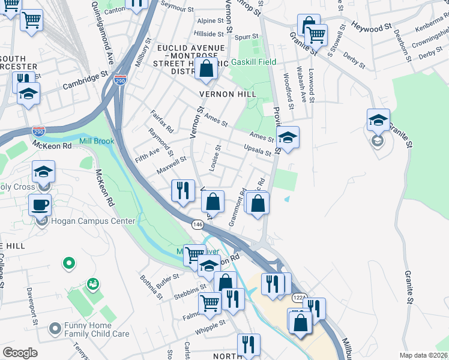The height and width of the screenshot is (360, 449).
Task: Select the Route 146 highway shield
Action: pos(197,224)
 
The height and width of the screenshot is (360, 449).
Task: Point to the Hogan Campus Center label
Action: pos(92,221)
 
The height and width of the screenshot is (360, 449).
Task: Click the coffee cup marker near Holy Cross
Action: pos(40,205)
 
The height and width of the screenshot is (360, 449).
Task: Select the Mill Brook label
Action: pos(96,142)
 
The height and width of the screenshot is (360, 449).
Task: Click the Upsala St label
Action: pos(258,150)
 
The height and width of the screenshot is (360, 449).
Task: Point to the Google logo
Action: pos(20,353)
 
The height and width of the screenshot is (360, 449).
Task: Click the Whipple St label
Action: pos(210,326)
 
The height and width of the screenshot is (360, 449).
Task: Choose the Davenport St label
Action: pos(35,304)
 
